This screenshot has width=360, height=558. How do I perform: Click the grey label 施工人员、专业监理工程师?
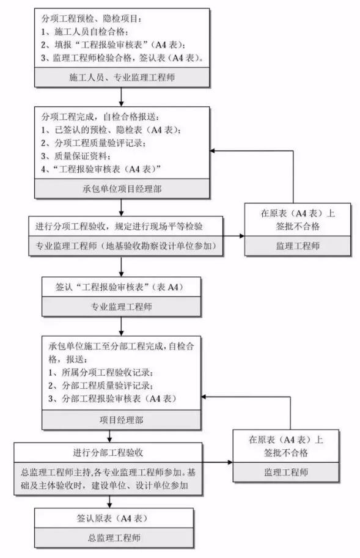click(x=122, y=77)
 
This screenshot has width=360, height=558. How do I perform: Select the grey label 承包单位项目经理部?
click(x=122, y=189)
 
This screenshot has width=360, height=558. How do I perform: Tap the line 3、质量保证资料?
click(x=75, y=156)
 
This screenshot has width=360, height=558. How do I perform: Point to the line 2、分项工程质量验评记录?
click(x=93, y=142)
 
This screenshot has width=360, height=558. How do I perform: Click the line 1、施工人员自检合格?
click(x=84, y=32)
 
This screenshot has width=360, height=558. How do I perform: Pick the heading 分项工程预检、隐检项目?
click(x=92, y=18)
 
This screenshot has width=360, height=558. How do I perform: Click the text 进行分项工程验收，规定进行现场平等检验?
click(x=119, y=226)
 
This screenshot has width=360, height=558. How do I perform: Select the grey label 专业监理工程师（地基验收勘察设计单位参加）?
click(x=126, y=246)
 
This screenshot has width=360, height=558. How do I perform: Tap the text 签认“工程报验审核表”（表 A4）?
click(x=119, y=287)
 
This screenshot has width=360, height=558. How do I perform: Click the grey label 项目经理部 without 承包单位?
click(x=121, y=420)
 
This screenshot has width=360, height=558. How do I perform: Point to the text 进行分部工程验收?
click(x=108, y=453)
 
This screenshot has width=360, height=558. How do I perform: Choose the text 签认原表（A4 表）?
click(x=112, y=518)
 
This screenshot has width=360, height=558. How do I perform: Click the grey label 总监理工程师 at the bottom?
click(x=114, y=537)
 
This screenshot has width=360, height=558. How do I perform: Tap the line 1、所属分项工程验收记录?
click(x=101, y=373)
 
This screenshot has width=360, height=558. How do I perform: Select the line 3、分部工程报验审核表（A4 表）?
click(x=112, y=398)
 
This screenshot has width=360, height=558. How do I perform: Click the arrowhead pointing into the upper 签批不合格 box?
click(x=242, y=235)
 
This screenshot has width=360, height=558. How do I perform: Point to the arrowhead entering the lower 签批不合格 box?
click(x=230, y=462)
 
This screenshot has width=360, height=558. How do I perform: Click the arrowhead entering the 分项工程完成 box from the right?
click(x=212, y=151)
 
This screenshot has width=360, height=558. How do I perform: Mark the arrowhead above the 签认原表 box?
click(x=109, y=505)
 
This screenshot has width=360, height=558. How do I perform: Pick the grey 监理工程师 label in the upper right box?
click(x=298, y=246)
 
